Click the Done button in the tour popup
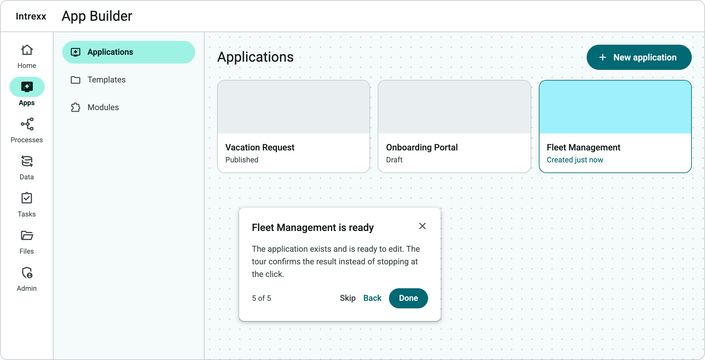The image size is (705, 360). (x=408, y=298)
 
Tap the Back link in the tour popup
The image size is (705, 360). (x=372, y=298)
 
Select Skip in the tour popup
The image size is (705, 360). (x=347, y=298)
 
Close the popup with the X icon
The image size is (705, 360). (x=422, y=226)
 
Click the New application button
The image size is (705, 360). (x=639, y=57)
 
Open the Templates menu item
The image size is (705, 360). (x=106, y=80)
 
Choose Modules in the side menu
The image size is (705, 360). (x=103, y=107)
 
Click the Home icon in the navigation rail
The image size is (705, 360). (x=27, y=50)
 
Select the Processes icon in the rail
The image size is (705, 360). (x=27, y=124)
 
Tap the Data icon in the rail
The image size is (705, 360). (x=27, y=161)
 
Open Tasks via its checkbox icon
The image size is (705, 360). (x=27, y=198)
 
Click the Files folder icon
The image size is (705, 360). (x=27, y=235)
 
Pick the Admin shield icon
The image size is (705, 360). (x=27, y=273)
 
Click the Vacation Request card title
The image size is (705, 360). (x=260, y=147)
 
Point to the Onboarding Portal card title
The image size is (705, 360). (x=422, y=147)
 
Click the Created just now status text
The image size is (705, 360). (x=575, y=160)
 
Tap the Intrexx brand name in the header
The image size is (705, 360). (x=31, y=16)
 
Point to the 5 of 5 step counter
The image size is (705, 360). (x=261, y=298)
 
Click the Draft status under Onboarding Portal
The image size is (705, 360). (x=394, y=160)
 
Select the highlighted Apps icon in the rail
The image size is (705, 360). (x=27, y=87)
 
